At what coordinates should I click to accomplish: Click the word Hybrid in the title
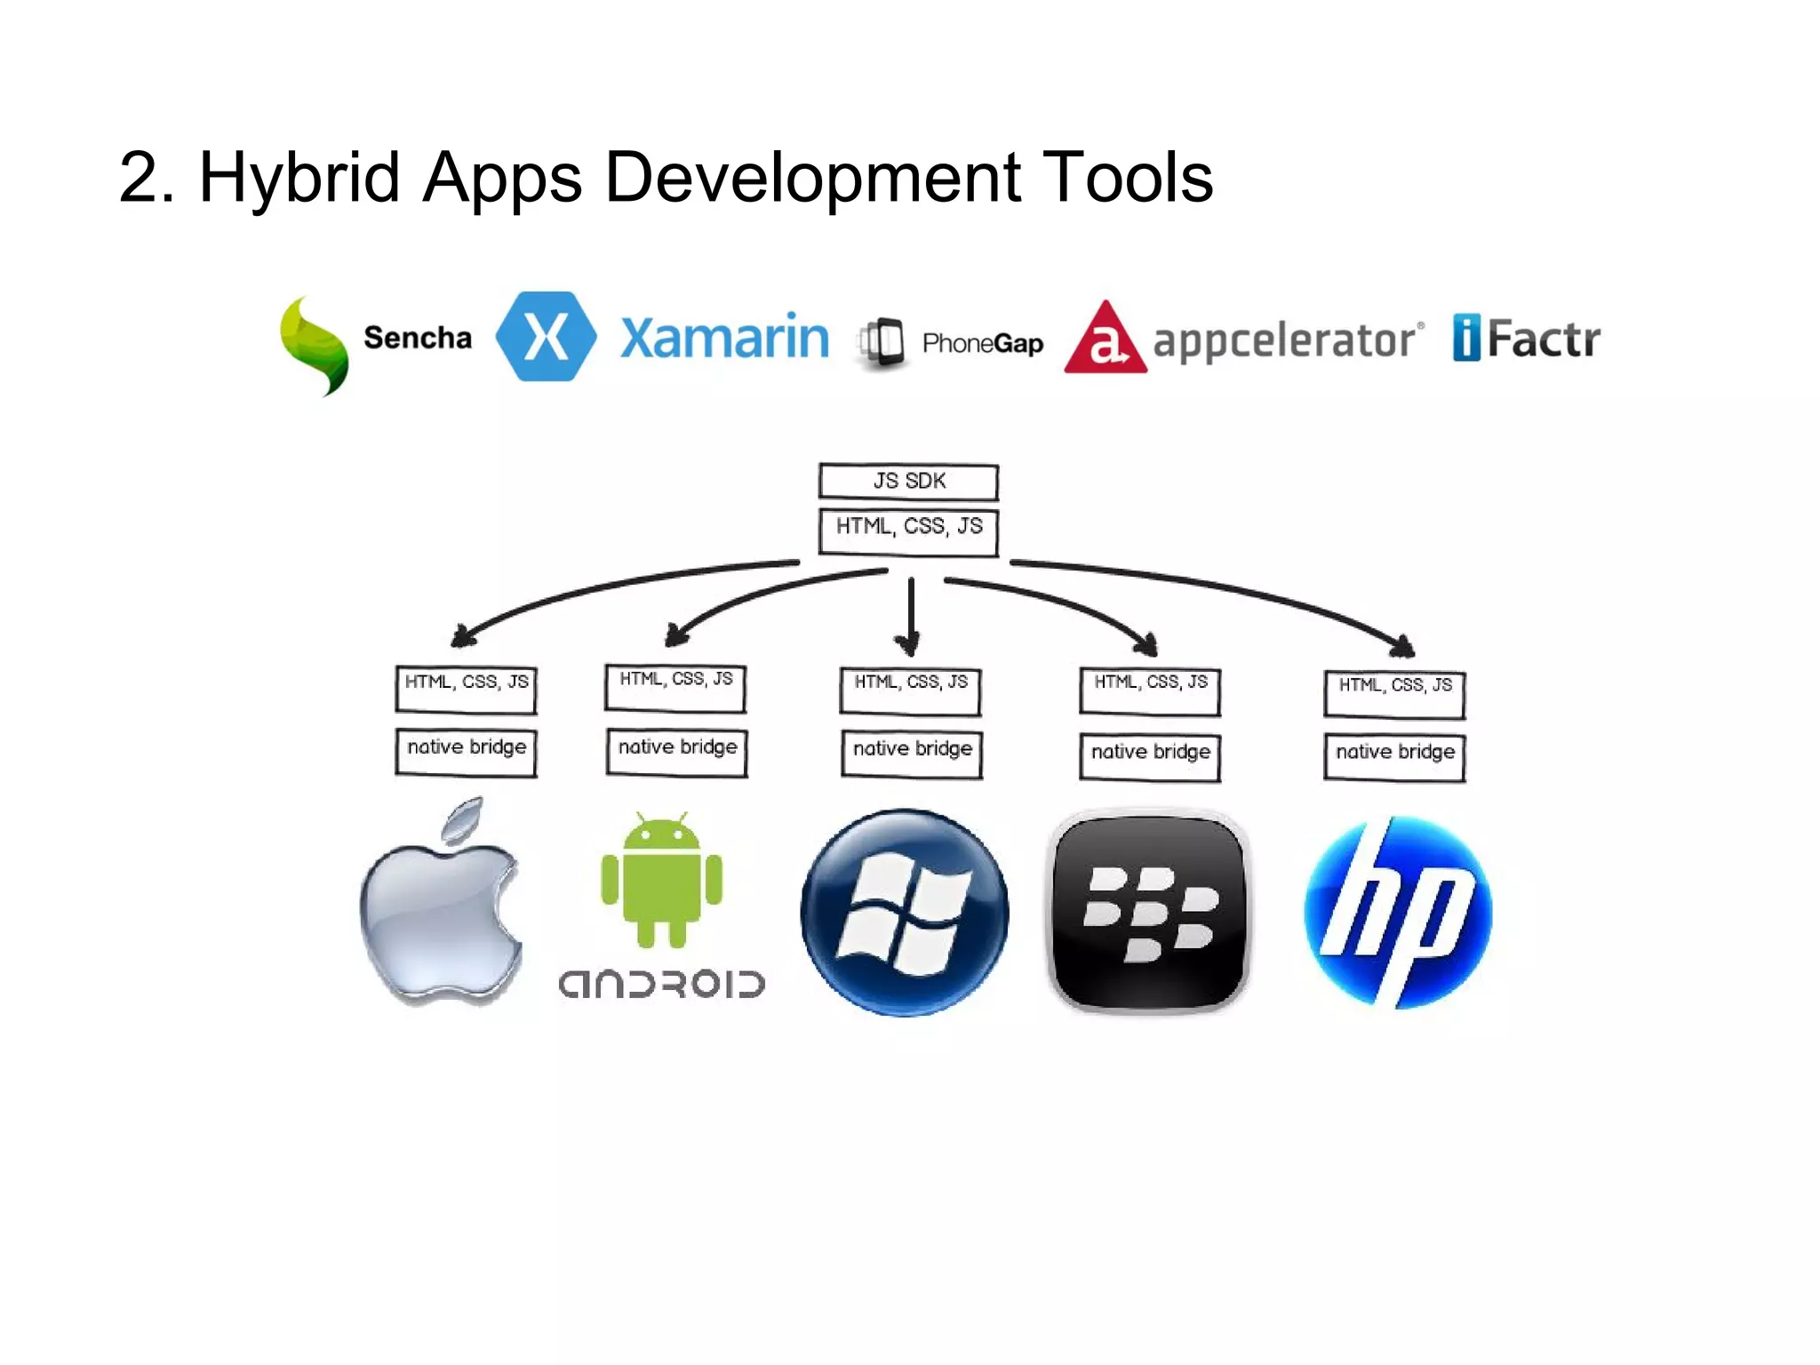click(299, 178)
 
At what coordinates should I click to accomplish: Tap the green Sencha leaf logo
click(313, 344)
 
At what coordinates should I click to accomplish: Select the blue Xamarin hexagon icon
click(546, 337)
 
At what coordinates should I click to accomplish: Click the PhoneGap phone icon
click(882, 342)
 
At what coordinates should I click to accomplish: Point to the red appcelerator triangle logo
click(1105, 339)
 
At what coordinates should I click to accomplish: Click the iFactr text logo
click(1526, 339)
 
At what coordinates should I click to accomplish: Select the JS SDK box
click(908, 482)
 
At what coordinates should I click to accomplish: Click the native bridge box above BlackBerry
click(1150, 756)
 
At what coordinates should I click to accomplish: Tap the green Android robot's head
click(661, 835)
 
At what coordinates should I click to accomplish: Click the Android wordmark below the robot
click(661, 984)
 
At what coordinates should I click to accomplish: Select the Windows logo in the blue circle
click(905, 912)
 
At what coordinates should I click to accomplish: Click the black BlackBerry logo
click(1150, 912)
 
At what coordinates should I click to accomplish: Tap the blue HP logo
click(1397, 912)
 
